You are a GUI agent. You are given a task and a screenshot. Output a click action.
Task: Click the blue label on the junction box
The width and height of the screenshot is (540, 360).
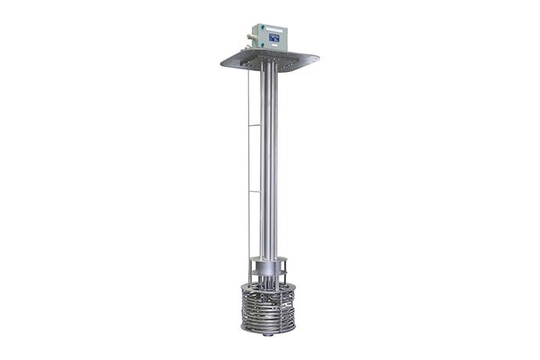tap(275, 36)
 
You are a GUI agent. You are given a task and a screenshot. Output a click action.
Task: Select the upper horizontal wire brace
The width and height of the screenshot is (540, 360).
tap(254, 124)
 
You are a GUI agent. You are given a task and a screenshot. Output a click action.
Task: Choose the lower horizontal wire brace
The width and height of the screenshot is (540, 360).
tap(254, 190)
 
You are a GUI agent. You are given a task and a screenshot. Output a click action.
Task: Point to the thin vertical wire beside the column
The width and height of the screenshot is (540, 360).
tap(248, 157)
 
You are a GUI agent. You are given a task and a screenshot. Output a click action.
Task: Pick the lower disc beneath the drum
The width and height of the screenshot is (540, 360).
tap(268, 274)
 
